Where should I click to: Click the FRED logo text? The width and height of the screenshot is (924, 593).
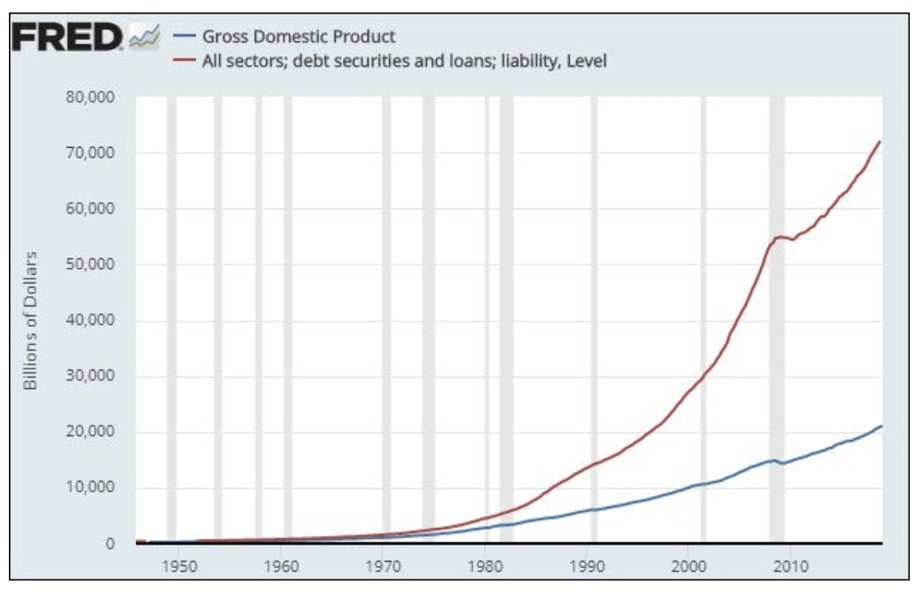coord(67,37)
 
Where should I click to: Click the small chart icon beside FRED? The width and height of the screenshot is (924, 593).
coord(144,37)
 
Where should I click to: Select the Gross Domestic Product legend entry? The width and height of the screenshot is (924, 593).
coord(298,37)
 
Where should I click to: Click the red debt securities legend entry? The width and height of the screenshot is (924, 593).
coord(392,61)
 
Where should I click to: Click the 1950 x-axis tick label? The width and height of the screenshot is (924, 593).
coord(179,566)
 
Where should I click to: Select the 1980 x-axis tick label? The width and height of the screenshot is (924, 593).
coord(485,566)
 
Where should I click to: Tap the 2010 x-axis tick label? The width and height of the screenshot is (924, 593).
coord(790,566)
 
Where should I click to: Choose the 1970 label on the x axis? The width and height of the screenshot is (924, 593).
coord(383,566)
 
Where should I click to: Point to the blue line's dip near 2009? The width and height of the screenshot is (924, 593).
coord(783,462)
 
